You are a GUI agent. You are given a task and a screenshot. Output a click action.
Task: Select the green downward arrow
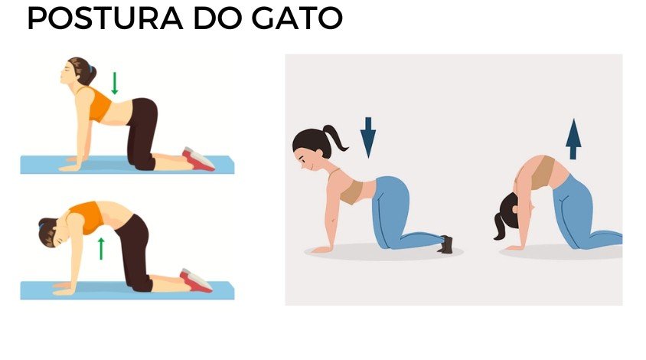(115, 83)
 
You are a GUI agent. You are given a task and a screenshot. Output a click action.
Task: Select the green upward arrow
(100, 248)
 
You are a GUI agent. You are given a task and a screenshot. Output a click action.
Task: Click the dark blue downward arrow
(368, 137)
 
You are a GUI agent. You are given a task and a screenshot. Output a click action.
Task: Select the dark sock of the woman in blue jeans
(446, 244)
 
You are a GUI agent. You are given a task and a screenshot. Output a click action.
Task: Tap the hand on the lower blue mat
(62, 289)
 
